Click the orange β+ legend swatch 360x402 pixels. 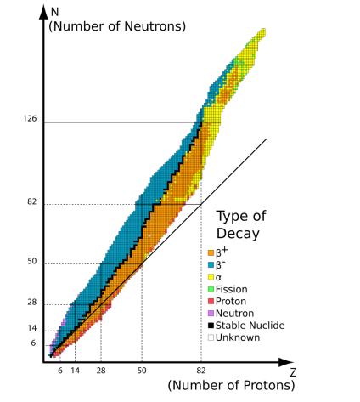coord(211,252)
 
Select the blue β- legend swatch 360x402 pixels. coord(211,264)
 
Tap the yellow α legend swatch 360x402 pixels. coord(211,277)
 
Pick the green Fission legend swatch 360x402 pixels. coord(211,289)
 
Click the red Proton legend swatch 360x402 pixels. coord(211,301)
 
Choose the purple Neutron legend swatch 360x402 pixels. coord(211,313)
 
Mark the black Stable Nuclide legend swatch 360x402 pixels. coord(211,325)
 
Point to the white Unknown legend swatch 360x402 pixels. coord(211,337)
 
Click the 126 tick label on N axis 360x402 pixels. coord(31,120)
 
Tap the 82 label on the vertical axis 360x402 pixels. coord(32,203)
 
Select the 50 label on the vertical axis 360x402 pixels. coord(32,262)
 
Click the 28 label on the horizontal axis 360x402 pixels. coord(101,371)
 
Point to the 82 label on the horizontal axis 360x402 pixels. coord(201,371)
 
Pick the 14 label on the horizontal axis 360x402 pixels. coord(75,371)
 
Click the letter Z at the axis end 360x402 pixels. coord(291,371)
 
